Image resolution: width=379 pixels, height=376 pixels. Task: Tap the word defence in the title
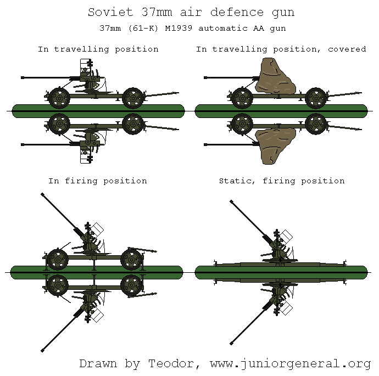[x=230, y=12]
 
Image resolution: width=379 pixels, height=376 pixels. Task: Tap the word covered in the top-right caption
[x=347, y=49]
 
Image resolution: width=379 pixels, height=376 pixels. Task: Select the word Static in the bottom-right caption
[x=235, y=181]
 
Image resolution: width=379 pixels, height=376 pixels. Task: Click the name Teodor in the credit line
[x=169, y=363]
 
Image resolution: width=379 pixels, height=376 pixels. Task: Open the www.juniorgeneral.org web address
[x=287, y=364]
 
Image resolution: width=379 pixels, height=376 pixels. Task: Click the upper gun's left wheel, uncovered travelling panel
[x=59, y=98]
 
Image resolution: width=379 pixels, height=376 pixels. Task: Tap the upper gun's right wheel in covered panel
[x=316, y=98]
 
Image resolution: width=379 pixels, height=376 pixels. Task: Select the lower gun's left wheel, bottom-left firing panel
[x=58, y=285]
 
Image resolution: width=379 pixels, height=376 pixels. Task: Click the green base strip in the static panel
[x=281, y=272]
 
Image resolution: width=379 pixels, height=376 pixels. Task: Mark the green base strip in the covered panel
[x=281, y=110]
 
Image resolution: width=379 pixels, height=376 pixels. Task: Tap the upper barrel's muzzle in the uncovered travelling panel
[x=23, y=78]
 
